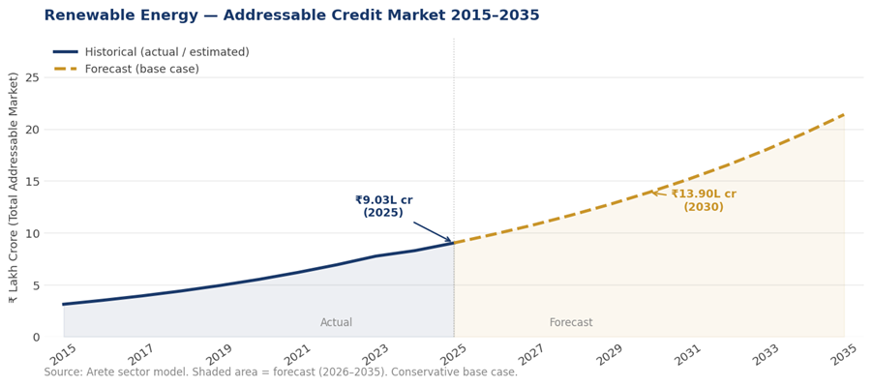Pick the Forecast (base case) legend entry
pos(141,70)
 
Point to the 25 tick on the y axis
pos(32,77)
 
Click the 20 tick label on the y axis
pos(32,130)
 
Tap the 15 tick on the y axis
pos(32,182)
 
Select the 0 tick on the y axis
pos(36,338)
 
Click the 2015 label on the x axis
pos(61,355)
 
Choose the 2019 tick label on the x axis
pos(218,355)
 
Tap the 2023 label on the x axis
pos(375,355)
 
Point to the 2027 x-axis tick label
pos(530,355)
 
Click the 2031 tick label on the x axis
pos(687,355)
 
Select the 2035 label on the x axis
pos(844,355)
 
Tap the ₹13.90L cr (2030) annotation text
pos(704,200)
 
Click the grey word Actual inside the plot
pos(337,323)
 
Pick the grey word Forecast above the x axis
pos(571,323)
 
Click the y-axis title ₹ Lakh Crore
pos(14,187)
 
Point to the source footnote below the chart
pos(281,372)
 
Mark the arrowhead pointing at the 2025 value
pos(448,240)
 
